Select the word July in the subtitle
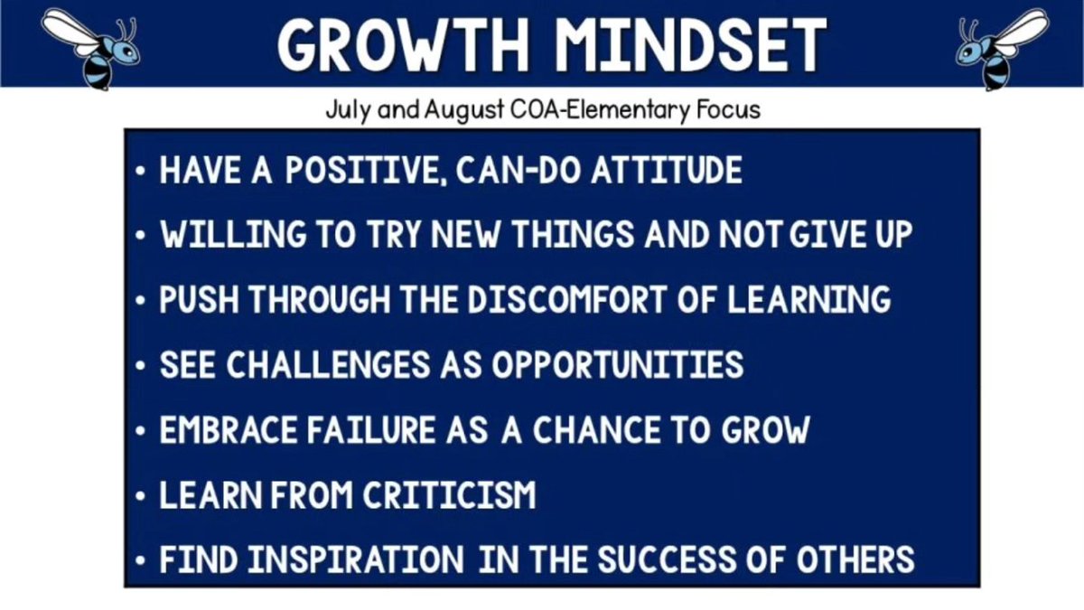point(347,111)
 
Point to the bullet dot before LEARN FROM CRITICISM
point(141,496)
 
